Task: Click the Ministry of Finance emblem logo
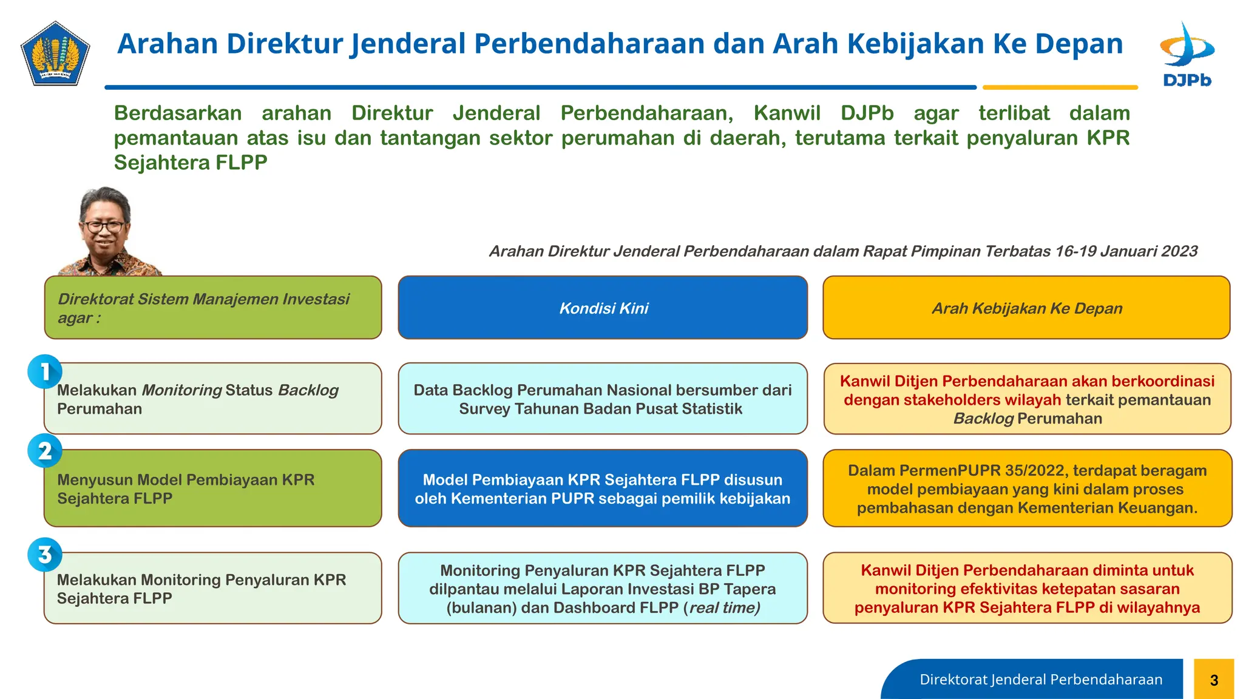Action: click(x=55, y=53)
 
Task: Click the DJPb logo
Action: click(x=1187, y=55)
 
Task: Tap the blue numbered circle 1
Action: click(x=45, y=371)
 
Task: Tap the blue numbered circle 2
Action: click(x=45, y=451)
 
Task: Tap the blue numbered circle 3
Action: click(x=45, y=555)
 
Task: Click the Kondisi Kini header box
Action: click(x=603, y=308)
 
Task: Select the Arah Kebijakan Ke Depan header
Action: click(x=1026, y=308)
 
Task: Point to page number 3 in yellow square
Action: click(x=1213, y=680)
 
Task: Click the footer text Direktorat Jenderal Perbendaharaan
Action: click(x=1040, y=680)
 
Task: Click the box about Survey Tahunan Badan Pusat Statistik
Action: click(x=603, y=399)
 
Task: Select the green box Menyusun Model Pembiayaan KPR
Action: click(x=212, y=488)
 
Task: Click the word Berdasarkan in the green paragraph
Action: click(x=177, y=113)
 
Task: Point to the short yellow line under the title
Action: click(x=1060, y=87)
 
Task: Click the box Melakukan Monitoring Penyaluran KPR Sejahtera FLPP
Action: click(x=212, y=588)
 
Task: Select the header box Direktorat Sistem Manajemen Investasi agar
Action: click(x=212, y=308)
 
